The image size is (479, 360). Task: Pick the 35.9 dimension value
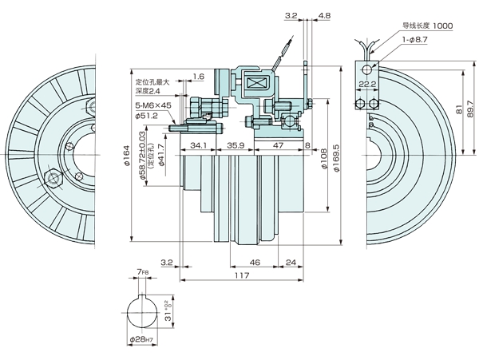tap(235, 146)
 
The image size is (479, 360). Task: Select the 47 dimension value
tap(277, 146)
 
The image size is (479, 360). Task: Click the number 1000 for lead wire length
tap(440, 26)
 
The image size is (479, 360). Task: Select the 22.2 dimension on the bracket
tap(368, 83)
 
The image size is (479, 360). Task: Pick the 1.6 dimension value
tap(198, 76)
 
